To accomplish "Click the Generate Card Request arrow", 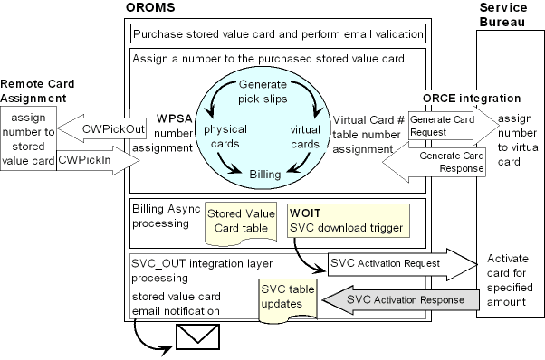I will (x=451, y=124).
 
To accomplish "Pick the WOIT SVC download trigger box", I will (x=347, y=217).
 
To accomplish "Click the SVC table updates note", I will (x=284, y=297).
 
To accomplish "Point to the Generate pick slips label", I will (x=263, y=90).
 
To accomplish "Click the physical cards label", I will (x=225, y=137).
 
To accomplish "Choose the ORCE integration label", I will (x=472, y=98).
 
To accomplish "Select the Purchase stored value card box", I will (x=279, y=35).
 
